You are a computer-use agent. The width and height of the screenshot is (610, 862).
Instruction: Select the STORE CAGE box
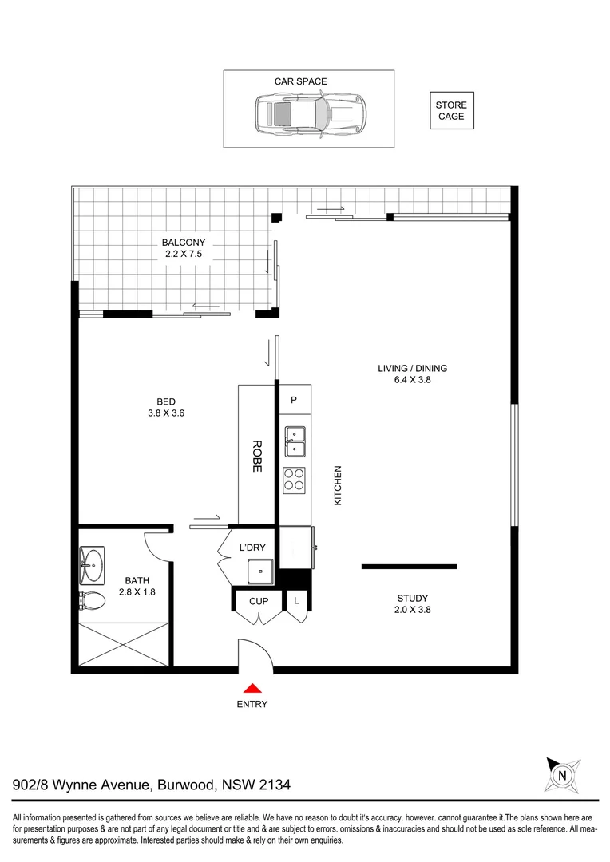tap(451, 110)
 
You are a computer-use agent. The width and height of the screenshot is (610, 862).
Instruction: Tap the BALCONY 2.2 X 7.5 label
tap(184, 249)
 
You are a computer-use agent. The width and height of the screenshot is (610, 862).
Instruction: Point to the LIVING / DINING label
tap(412, 374)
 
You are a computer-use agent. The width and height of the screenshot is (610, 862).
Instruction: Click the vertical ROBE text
tap(257, 456)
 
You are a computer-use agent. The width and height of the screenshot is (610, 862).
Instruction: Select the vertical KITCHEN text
tap(338, 485)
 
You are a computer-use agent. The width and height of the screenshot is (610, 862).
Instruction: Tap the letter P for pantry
tap(294, 400)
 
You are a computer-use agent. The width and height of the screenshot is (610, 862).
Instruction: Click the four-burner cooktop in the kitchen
tap(294, 478)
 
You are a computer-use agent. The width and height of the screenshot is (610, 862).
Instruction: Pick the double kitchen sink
tap(294, 442)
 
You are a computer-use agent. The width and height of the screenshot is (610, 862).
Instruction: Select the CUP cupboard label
tap(258, 600)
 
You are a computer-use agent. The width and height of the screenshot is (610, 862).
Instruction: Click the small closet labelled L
tap(296, 599)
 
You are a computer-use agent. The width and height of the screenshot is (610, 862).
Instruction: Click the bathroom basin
tap(93, 567)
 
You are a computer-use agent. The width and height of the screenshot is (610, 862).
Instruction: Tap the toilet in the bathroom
tap(91, 600)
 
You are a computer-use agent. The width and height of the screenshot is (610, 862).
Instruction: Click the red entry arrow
tap(252, 688)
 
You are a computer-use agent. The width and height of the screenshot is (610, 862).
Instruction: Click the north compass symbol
tap(562, 773)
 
